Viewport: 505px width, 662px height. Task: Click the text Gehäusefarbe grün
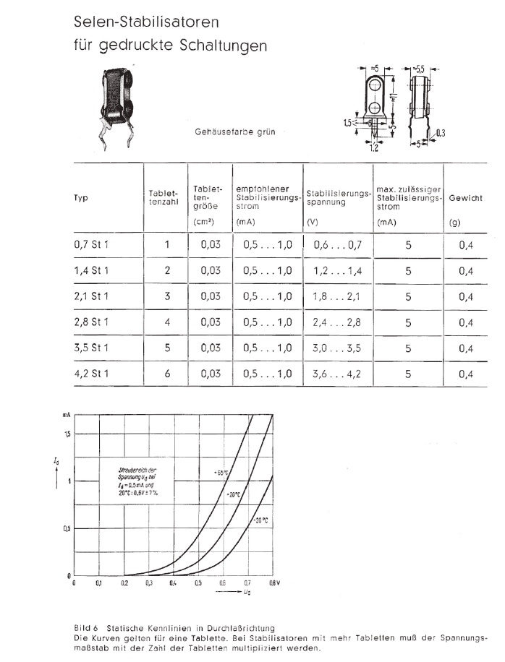click(234, 132)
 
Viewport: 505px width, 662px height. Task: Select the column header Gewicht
click(465, 197)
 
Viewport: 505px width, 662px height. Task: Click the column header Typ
click(80, 197)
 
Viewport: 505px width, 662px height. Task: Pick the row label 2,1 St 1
click(91, 296)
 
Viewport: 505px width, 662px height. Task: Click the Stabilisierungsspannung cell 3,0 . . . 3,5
click(337, 348)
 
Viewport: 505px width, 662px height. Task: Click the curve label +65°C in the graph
click(221, 472)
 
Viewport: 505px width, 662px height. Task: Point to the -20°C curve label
click(261, 520)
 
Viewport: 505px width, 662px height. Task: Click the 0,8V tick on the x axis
click(274, 582)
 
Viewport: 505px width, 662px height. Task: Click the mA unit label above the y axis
click(65, 416)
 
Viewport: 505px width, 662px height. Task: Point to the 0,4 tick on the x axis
click(173, 582)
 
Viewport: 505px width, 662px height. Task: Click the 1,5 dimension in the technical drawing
click(348, 124)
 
